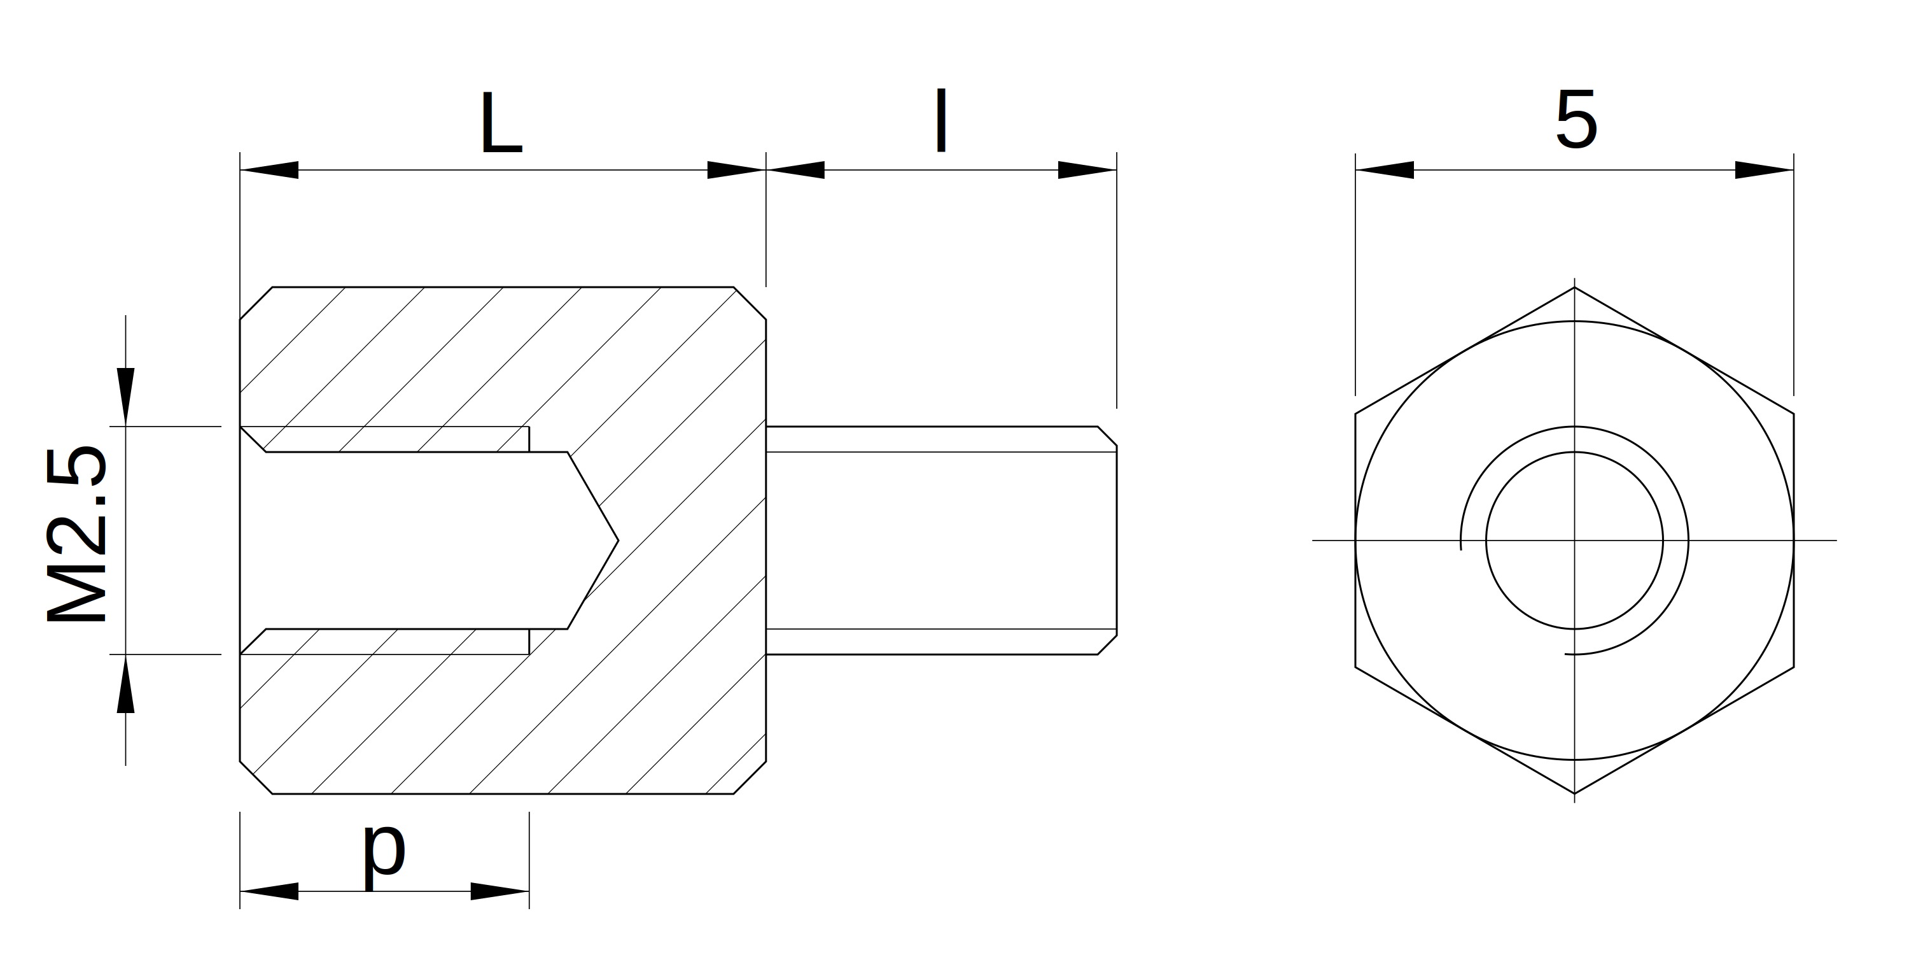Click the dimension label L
coord(501,123)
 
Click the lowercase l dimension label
coord(941,120)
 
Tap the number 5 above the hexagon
coord(1576,120)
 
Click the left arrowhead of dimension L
coord(269,170)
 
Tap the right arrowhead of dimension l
coord(1087,170)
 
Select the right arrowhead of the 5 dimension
coord(1765,170)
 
